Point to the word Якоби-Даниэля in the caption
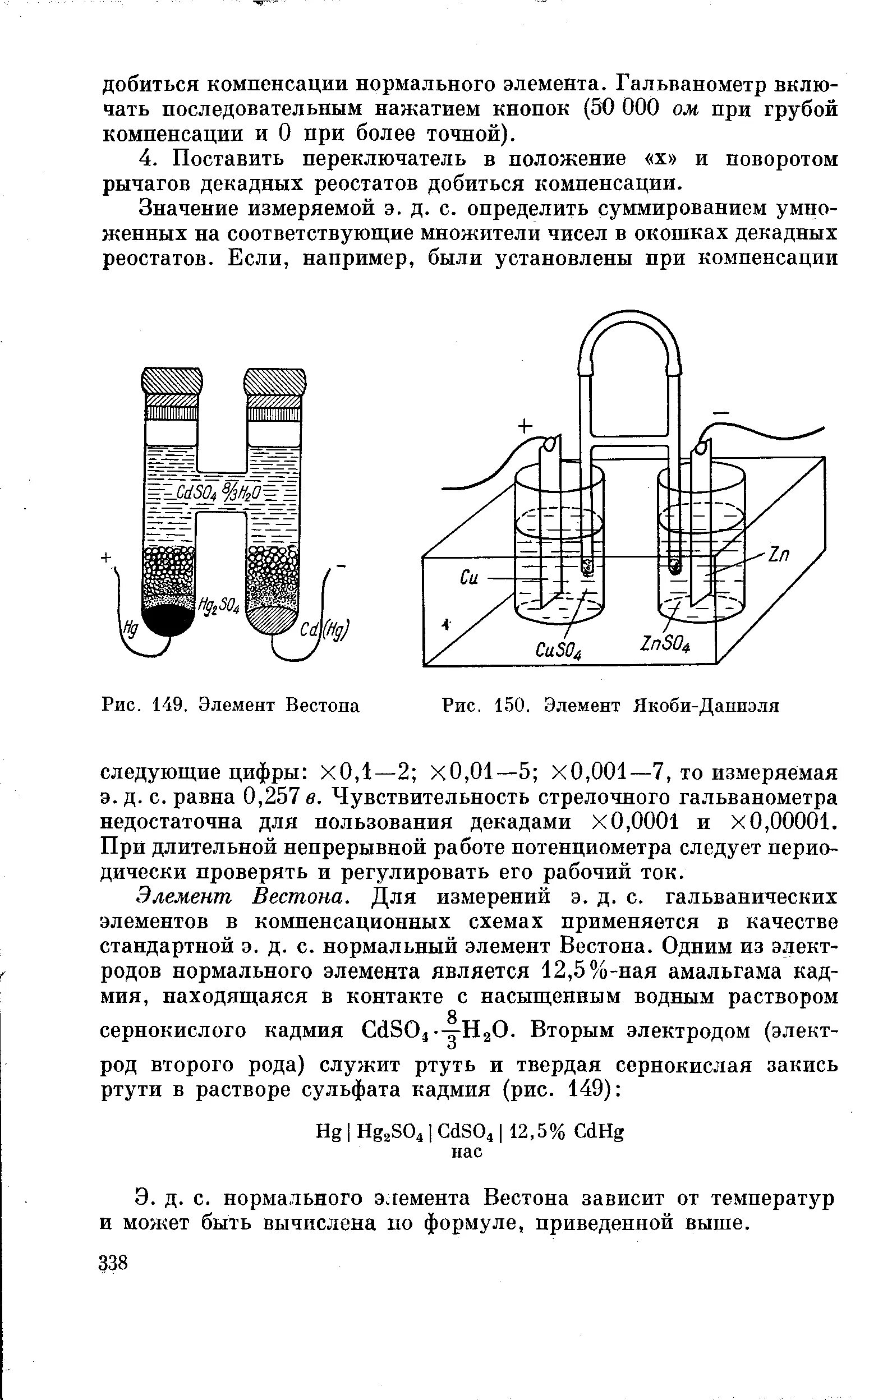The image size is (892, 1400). click(x=705, y=706)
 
